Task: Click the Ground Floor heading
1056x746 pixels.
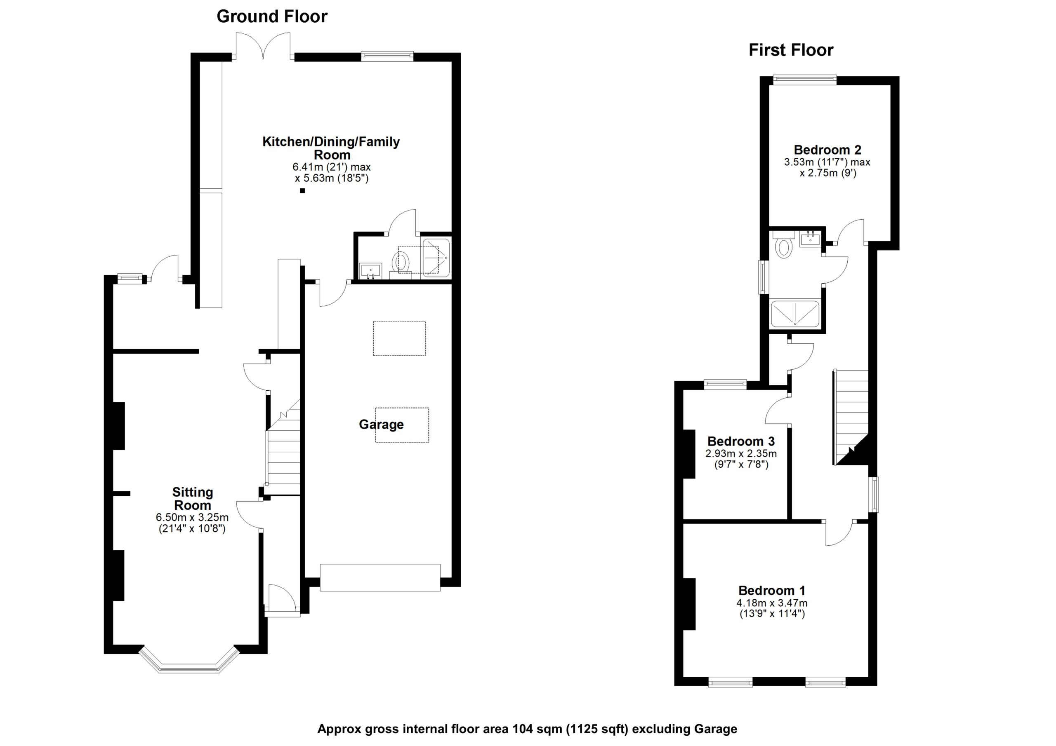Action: pyautogui.click(x=272, y=16)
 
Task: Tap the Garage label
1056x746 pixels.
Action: pyautogui.click(x=381, y=424)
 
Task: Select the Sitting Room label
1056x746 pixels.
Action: pyautogui.click(x=192, y=499)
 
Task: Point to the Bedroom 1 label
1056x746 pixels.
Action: pyautogui.click(x=772, y=590)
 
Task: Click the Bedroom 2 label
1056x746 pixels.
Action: pyautogui.click(x=827, y=150)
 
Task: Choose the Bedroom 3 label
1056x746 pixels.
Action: pyautogui.click(x=740, y=441)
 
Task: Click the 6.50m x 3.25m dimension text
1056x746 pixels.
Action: pyautogui.click(x=192, y=517)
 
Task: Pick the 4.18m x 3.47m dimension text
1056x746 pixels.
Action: pyautogui.click(x=772, y=603)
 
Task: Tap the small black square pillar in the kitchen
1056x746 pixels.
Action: pyautogui.click(x=302, y=191)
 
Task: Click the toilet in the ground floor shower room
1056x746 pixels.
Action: pyautogui.click(x=401, y=263)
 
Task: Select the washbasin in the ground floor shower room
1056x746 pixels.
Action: pyautogui.click(x=370, y=271)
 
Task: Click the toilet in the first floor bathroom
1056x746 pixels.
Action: pyautogui.click(x=783, y=247)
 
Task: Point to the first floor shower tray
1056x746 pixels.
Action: pyautogui.click(x=795, y=314)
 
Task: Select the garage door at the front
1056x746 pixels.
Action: pyautogui.click(x=380, y=577)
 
